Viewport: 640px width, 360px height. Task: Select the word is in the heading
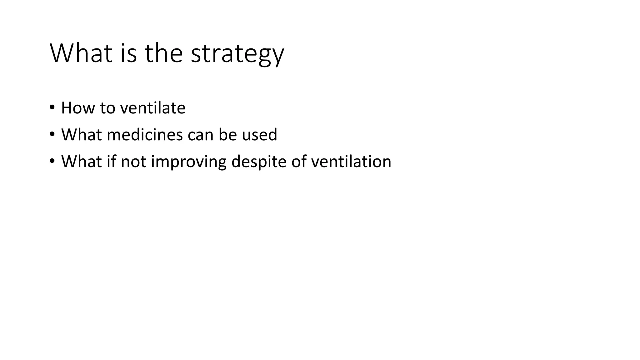click(x=128, y=54)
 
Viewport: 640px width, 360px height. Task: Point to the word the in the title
click(x=163, y=54)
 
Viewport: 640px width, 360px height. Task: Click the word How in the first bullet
click(x=77, y=108)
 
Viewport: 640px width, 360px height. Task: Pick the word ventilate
click(x=153, y=108)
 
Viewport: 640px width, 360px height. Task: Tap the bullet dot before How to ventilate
click(x=52, y=107)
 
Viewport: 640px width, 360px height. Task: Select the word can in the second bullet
click(x=200, y=135)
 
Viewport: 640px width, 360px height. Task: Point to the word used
click(x=259, y=135)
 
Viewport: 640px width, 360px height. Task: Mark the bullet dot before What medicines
click(x=52, y=134)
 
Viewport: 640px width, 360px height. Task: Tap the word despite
click(x=259, y=162)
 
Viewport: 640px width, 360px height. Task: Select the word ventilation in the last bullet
click(x=351, y=162)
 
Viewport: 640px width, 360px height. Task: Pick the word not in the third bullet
click(x=133, y=162)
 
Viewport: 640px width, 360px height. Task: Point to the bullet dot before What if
click(x=52, y=161)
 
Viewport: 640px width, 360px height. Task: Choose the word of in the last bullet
click(x=299, y=162)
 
